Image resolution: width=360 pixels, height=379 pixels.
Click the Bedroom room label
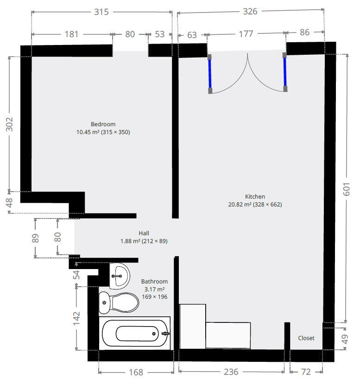(x=103, y=124)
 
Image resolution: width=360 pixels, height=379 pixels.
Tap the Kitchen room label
(x=255, y=197)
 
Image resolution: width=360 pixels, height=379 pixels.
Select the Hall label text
(x=144, y=233)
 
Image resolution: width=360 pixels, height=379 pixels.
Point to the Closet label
(x=306, y=338)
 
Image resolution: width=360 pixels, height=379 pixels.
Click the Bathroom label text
(x=154, y=282)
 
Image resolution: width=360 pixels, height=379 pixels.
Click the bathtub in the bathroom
(x=135, y=333)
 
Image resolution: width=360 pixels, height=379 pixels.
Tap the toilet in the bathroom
(x=119, y=303)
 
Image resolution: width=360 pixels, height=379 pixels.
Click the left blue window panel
(x=209, y=73)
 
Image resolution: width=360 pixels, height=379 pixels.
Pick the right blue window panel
(x=285, y=72)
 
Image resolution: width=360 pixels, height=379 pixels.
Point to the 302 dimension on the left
(x=10, y=124)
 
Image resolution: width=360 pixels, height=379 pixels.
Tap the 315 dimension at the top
(x=101, y=12)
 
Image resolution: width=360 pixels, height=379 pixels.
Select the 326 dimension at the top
(x=250, y=12)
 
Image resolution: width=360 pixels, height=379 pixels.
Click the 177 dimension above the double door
(x=246, y=34)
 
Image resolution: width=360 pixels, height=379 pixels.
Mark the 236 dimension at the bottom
(x=231, y=372)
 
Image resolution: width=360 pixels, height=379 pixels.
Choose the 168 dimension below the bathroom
(x=135, y=372)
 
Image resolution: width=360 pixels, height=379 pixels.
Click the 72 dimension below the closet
(x=306, y=372)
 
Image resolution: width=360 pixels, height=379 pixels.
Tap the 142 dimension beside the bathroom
(x=77, y=318)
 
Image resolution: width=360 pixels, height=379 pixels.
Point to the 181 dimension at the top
(x=71, y=34)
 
